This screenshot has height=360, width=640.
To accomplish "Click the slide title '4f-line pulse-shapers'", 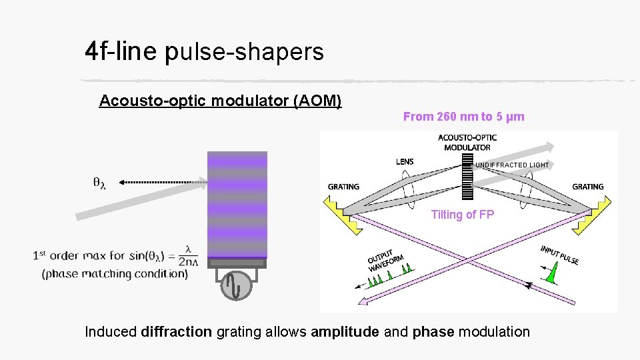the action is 204,51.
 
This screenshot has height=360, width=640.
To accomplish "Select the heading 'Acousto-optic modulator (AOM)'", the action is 220,101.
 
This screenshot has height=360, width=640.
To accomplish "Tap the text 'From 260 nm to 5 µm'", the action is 463,117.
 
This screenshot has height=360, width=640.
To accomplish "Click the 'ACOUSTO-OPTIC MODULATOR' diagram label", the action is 467,143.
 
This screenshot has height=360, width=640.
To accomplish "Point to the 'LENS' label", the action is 405,161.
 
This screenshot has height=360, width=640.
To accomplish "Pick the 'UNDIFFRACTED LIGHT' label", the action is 512,165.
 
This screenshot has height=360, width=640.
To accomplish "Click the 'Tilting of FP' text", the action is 463,215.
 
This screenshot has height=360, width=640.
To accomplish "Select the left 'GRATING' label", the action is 343,187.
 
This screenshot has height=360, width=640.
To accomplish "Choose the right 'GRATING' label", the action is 588,187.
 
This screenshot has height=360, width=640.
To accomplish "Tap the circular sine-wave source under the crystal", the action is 237,285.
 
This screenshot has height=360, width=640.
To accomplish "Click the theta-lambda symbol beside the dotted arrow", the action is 99,182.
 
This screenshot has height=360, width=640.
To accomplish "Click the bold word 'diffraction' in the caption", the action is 177,331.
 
